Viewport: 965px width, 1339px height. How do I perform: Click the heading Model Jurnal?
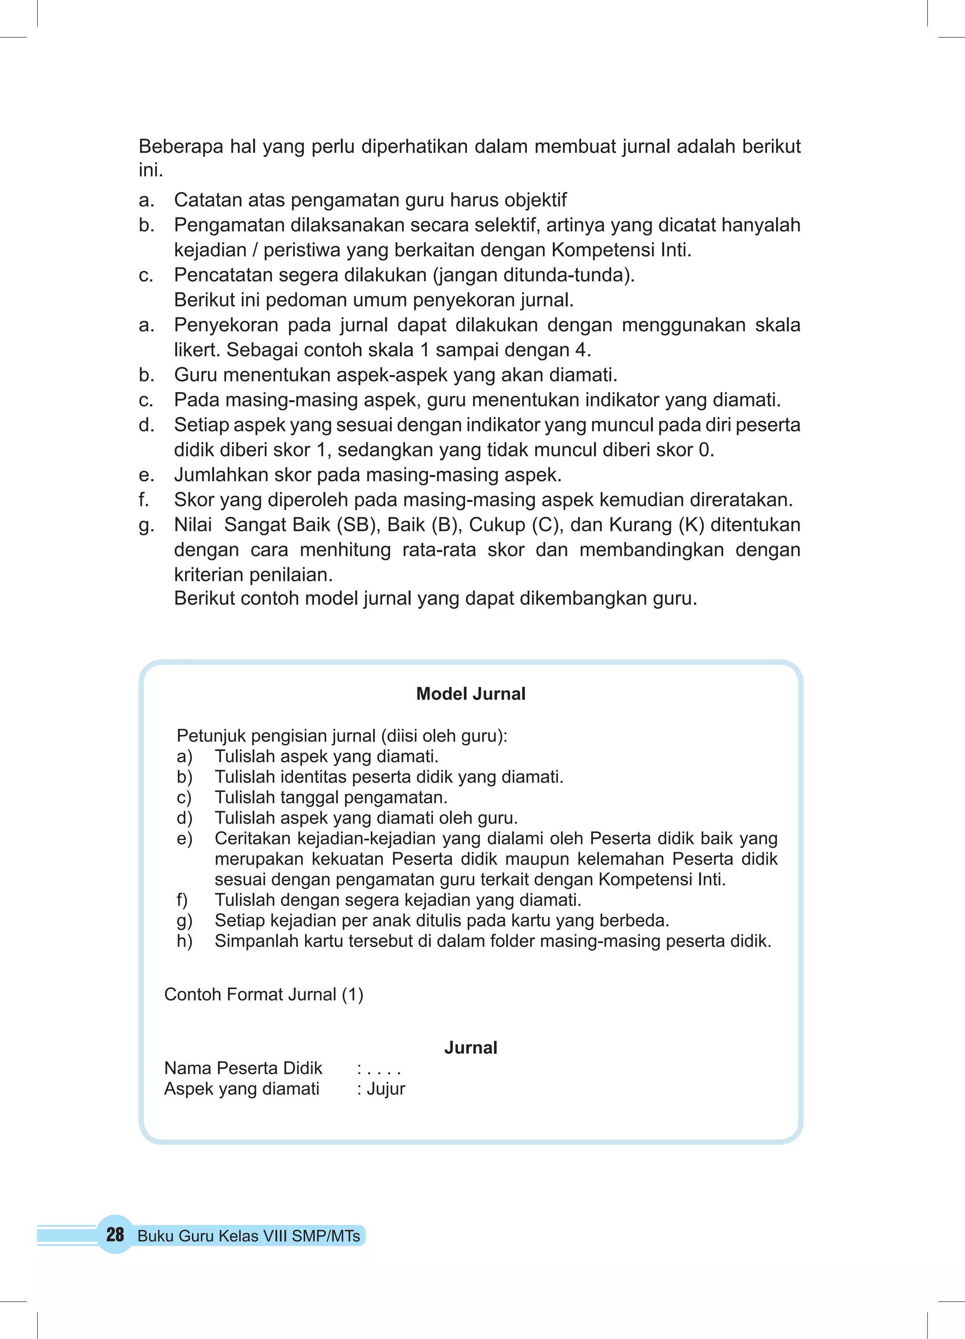point(470,694)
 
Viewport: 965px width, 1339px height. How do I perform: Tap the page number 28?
point(115,1234)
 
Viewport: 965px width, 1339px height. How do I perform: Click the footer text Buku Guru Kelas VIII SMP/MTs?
point(249,1236)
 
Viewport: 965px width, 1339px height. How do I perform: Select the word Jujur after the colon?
point(385,1089)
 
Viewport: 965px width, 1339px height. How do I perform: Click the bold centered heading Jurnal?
point(470,1047)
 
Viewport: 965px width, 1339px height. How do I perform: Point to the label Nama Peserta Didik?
point(243,1068)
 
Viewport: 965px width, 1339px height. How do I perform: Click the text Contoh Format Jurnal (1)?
point(263,994)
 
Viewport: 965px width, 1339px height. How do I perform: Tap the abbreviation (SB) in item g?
point(359,524)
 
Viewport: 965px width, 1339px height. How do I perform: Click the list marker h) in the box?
point(184,941)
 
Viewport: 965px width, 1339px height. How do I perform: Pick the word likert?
point(197,350)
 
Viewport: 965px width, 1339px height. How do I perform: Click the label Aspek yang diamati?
point(242,1089)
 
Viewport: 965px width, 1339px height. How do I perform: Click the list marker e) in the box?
point(184,838)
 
